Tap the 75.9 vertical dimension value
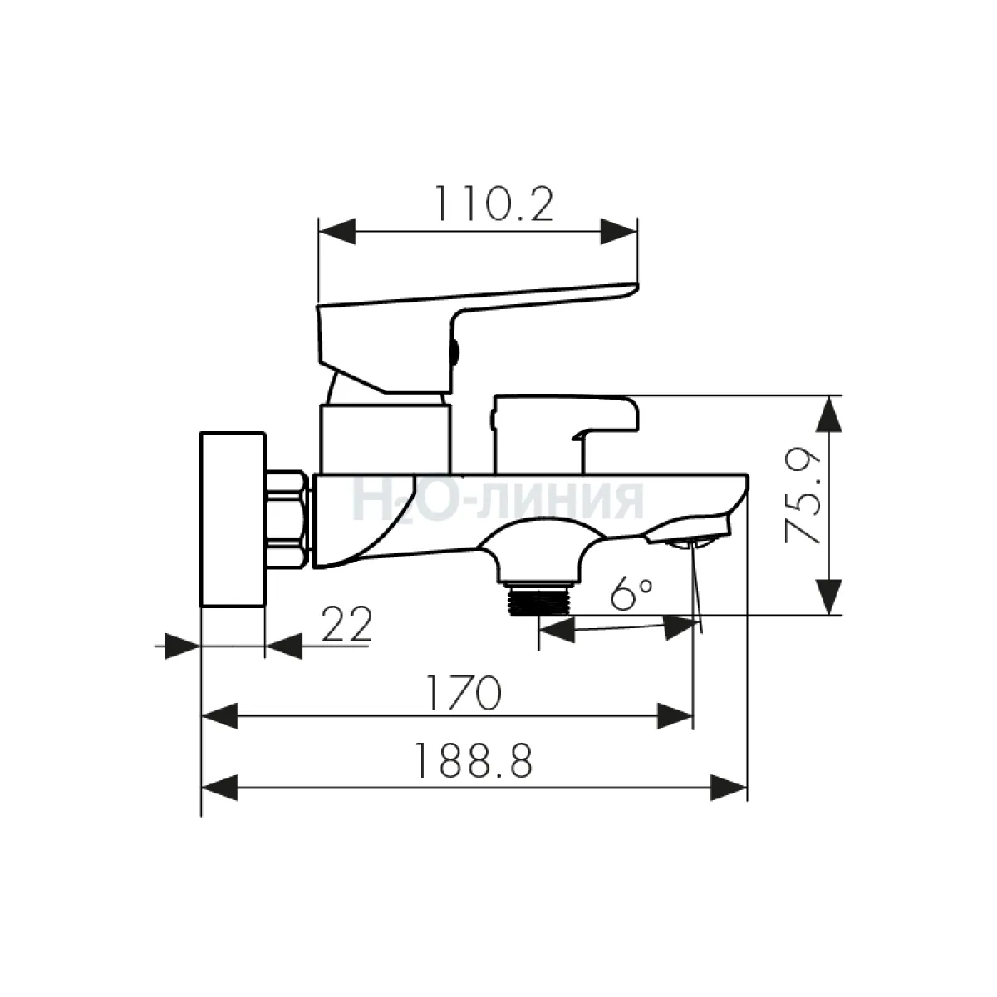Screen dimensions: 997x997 point(803,494)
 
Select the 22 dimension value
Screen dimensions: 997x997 point(346,624)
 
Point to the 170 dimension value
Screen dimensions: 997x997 point(464,693)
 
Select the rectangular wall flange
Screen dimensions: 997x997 point(233,519)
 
